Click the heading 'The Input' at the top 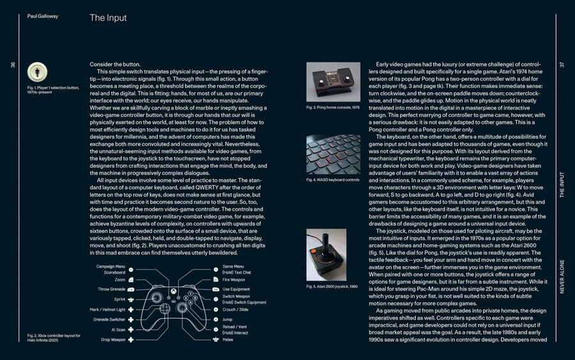pos(108,18)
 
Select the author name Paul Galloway pos(42,16)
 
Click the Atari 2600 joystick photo pos(326,254)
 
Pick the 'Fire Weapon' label pos(233,279)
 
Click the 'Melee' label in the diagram pos(228,340)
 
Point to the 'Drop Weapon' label pos(112,340)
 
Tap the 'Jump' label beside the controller pos(227,318)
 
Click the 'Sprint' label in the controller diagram pos(119,299)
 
